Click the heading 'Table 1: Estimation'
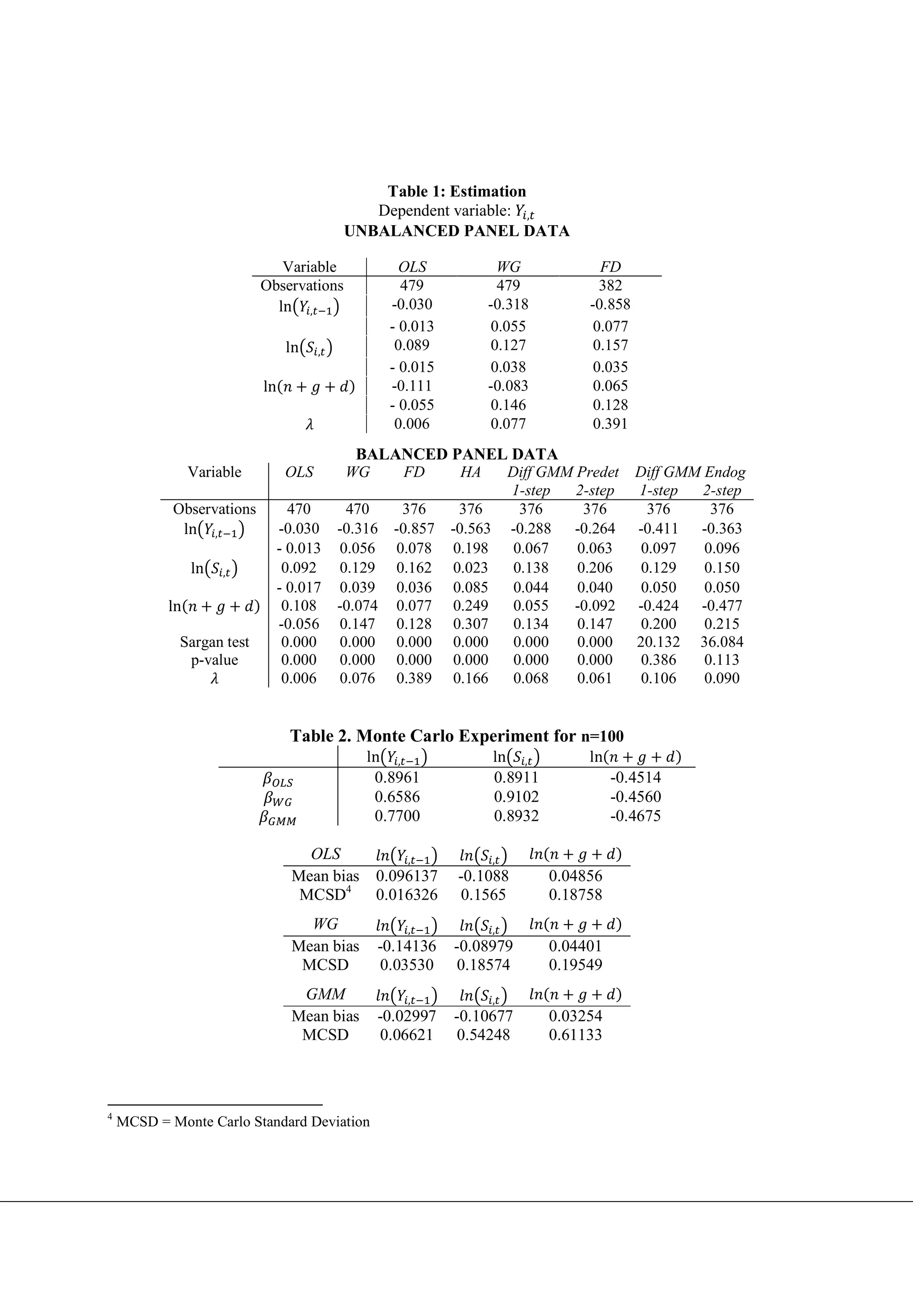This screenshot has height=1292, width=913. tap(456, 191)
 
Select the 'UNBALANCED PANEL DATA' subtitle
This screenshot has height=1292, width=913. tap(456, 231)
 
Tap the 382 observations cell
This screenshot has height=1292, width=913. tap(610, 285)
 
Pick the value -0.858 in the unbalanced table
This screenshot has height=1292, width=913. tap(610, 304)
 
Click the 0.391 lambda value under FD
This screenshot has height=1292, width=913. tap(610, 424)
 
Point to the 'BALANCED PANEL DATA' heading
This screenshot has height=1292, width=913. tap(456, 454)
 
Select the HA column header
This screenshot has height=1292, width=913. tap(470, 472)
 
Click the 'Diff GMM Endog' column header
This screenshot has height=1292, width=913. tap(690, 472)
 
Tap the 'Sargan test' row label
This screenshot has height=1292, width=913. tap(214, 642)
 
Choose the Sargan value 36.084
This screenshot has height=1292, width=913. tap(721, 642)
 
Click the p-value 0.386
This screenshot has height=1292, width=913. tap(658, 660)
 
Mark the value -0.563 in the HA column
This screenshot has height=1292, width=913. tap(470, 528)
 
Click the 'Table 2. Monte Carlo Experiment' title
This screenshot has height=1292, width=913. tap(456, 736)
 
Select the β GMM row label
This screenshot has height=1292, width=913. tap(277, 818)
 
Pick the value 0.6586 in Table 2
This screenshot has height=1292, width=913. tap(397, 797)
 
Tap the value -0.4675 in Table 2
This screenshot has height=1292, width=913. tap(635, 816)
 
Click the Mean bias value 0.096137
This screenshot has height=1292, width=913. tap(406, 876)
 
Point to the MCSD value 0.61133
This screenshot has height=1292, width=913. tap(575, 1035)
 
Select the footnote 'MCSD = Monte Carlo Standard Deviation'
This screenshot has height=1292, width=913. tap(243, 1122)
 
